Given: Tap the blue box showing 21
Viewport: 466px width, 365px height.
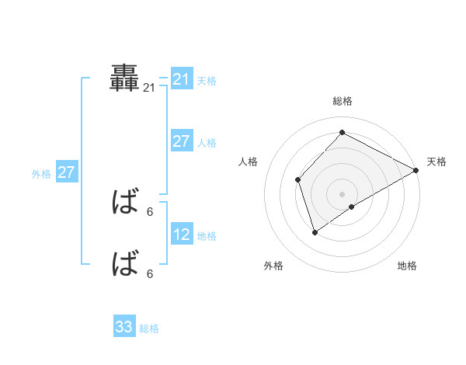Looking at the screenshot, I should (182, 79).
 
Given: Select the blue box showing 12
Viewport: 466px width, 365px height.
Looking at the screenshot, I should (182, 235).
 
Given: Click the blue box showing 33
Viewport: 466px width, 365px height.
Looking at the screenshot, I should (124, 327).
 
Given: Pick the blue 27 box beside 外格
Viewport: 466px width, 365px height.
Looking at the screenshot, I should (66, 172).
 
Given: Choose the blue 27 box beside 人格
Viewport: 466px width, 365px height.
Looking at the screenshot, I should (182, 141).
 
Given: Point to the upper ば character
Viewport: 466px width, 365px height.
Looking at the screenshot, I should (125, 203).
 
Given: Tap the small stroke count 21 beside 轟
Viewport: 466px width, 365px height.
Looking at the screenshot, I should (149, 89).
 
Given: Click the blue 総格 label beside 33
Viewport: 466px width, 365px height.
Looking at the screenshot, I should (149, 328).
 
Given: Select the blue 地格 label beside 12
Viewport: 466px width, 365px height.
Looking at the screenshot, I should (207, 235).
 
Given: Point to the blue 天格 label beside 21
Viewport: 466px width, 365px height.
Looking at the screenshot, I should (207, 80).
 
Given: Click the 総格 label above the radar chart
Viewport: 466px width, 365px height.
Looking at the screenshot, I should (342, 101).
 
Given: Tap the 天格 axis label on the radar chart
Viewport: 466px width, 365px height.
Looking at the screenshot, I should (436, 162).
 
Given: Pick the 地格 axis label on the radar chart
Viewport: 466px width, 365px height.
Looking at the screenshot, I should (407, 266).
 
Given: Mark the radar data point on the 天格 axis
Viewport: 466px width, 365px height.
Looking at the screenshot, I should (416, 170).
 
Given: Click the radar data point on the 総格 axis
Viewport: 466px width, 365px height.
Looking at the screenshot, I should (342, 132).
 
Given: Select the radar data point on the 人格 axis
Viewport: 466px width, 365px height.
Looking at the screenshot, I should (297, 179).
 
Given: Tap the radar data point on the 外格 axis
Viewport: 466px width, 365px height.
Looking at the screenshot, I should (315, 232).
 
